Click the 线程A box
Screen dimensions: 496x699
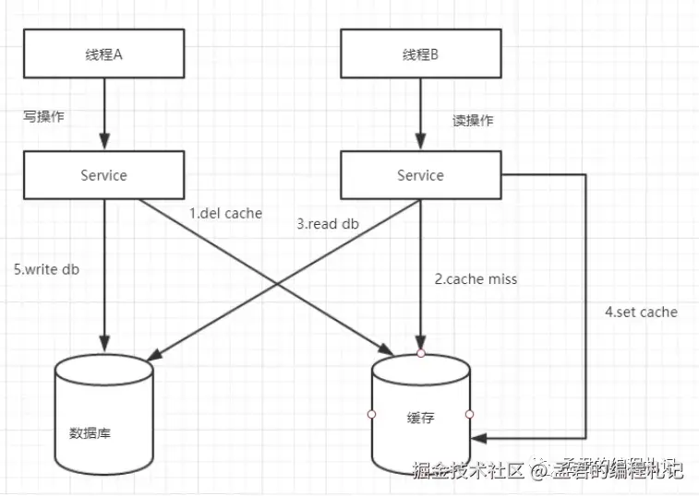pyautogui.click(x=103, y=54)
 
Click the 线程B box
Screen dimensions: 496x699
pyautogui.click(x=420, y=54)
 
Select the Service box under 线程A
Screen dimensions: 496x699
pyautogui.click(x=103, y=175)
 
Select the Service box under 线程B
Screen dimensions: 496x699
pyautogui.click(x=420, y=175)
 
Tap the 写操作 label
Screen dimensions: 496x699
pyautogui.click(x=44, y=117)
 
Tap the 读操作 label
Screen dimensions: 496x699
pyautogui.click(x=472, y=121)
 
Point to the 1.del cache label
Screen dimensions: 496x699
pyautogui.click(x=225, y=213)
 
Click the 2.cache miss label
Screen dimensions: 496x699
pyautogui.click(x=476, y=278)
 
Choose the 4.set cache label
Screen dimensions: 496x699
pyautogui.click(x=641, y=312)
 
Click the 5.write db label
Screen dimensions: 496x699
pyautogui.click(x=46, y=269)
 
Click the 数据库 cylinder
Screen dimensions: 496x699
pyautogui.click(x=103, y=415)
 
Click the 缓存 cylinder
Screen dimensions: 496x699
pyautogui.click(x=420, y=415)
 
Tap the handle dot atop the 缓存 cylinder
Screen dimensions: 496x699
pyautogui.click(x=421, y=353)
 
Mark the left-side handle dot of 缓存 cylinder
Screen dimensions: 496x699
pyautogui.click(x=371, y=415)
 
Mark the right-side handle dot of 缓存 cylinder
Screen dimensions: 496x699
pyautogui.click(x=470, y=415)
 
